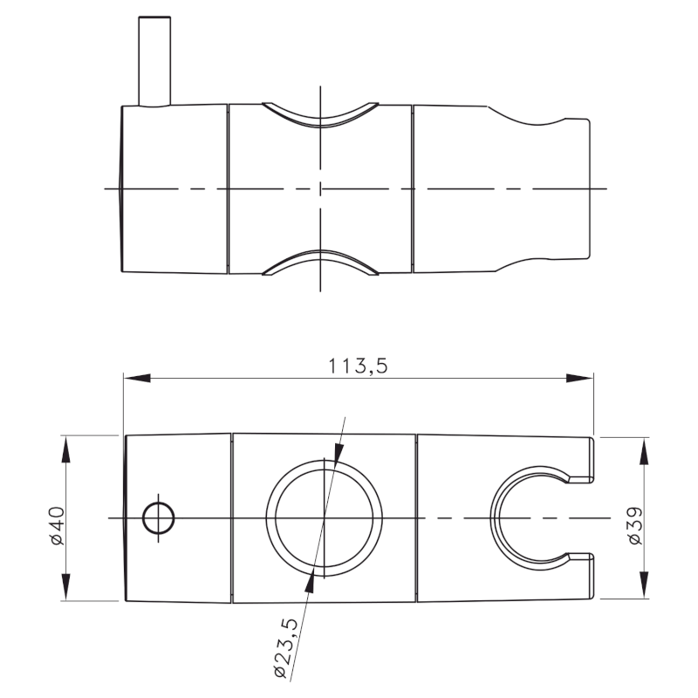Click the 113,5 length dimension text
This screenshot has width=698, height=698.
(358, 366)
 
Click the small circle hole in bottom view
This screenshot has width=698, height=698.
(158, 518)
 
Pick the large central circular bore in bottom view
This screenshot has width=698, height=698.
(325, 518)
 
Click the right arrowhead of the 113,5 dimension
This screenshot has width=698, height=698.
(579, 379)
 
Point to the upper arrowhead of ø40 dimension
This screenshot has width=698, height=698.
(65, 448)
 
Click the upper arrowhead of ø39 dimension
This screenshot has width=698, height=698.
(644, 450)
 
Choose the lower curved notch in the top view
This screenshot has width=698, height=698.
(320, 263)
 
